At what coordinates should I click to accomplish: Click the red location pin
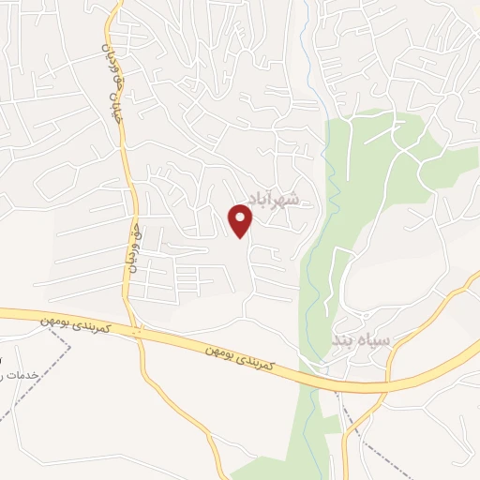(x=242, y=219)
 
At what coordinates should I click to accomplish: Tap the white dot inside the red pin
(x=242, y=215)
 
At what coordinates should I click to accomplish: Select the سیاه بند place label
(x=354, y=342)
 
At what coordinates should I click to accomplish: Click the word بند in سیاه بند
(x=339, y=343)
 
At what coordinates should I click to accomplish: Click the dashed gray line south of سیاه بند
(x=349, y=422)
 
